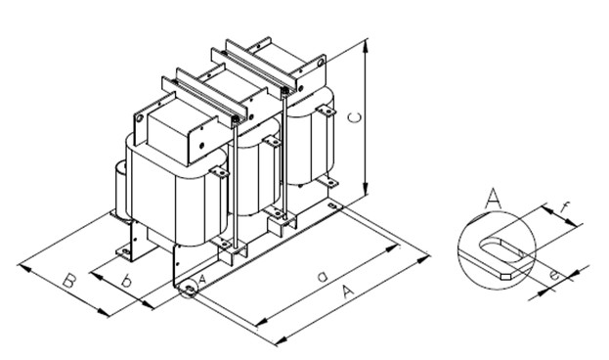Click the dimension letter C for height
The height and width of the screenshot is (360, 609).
(x=355, y=117)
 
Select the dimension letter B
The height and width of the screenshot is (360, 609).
(x=68, y=281)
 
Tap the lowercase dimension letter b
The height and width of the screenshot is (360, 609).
(x=125, y=281)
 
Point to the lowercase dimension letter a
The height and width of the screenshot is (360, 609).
(x=322, y=277)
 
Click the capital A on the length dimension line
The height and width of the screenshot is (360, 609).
(x=348, y=292)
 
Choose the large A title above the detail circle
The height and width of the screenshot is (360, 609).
(x=494, y=199)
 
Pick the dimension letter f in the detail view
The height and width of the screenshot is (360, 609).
(x=564, y=209)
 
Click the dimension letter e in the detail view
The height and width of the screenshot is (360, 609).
(x=554, y=275)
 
